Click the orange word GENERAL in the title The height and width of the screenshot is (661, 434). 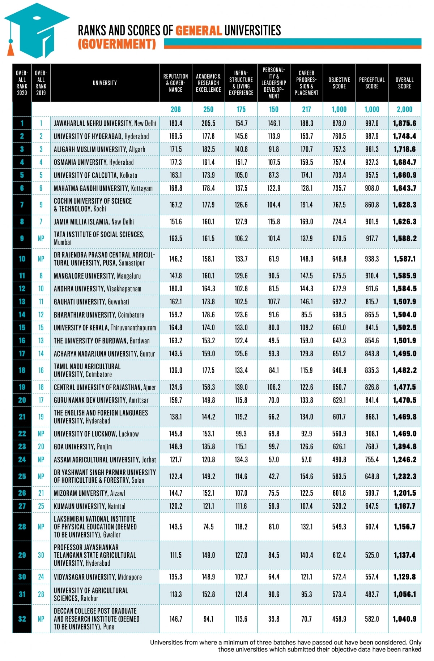[x=199, y=31]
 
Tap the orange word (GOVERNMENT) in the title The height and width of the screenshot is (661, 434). [x=117, y=44]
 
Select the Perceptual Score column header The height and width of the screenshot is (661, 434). [x=372, y=83]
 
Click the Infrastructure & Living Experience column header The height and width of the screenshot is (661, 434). [x=241, y=83]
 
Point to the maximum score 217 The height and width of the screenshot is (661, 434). [x=306, y=109]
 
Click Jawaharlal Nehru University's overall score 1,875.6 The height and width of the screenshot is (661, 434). [x=404, y=123]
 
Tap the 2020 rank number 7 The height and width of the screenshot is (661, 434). [x=22, y=205]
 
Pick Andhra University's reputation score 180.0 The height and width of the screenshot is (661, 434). [x=176, y=289]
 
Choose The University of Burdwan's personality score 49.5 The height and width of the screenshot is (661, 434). [x=274, y=341]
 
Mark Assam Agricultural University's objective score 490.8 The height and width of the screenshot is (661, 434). [x=339, y=460]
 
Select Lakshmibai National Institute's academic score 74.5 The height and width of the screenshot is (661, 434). [x=208, y=527]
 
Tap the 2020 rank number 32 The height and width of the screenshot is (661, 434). [x=22, y=619]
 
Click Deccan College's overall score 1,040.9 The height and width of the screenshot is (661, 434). [x=404, y=619]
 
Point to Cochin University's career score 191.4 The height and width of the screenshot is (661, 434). [x=306, y=205]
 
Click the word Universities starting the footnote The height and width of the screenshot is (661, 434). [x=166, y=642]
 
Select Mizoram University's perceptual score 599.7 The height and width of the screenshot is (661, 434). [x=372, y=493]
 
